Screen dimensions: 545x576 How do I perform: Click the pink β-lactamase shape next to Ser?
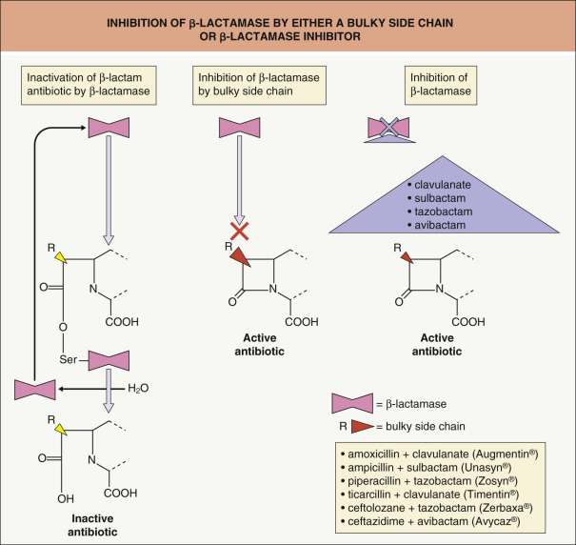pos(114,360)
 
